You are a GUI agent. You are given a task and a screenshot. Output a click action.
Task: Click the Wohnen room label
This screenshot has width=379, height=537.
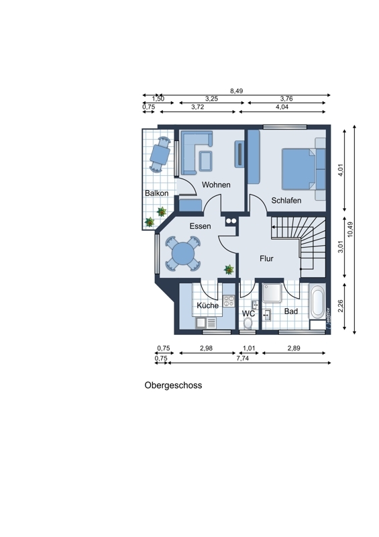point(216,185)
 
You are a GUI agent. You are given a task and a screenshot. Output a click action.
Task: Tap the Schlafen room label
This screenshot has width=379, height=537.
point(286,200)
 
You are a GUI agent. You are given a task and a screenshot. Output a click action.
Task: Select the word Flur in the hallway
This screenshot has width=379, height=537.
point(266,258)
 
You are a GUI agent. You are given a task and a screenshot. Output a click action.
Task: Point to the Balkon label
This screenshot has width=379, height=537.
point(156,193)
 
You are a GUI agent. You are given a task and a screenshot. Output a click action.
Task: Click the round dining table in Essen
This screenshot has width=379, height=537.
point(183,254)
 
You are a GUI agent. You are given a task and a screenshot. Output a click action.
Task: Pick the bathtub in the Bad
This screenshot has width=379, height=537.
point(317,303)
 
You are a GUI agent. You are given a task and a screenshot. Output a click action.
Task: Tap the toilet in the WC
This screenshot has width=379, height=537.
point(248,323)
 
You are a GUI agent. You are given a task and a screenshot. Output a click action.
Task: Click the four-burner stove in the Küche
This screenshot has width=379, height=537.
point(229,301)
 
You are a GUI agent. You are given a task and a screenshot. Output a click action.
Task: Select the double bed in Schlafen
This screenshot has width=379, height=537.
point(299,169)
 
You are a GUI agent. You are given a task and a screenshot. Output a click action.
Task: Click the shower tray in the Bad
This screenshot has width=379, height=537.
point(272,293)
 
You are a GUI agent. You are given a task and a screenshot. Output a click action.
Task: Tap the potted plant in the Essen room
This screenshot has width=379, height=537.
point(229,270)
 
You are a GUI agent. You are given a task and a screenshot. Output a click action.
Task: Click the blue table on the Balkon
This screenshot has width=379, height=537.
point(160,155)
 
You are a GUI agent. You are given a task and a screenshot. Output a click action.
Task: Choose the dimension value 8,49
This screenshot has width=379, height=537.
point(237,91)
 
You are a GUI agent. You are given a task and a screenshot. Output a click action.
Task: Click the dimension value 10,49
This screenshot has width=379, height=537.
point(350,230)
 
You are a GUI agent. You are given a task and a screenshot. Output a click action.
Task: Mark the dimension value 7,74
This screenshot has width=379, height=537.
point(242,358)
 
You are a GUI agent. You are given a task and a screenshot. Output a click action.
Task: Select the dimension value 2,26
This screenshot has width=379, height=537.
point(340,306)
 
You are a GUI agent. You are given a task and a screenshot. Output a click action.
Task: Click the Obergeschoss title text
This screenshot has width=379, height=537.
point(173,385)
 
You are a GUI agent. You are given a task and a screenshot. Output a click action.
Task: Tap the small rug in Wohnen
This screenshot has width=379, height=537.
point(205,160)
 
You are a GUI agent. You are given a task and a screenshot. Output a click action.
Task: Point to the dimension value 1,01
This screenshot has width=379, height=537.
point(249,348)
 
